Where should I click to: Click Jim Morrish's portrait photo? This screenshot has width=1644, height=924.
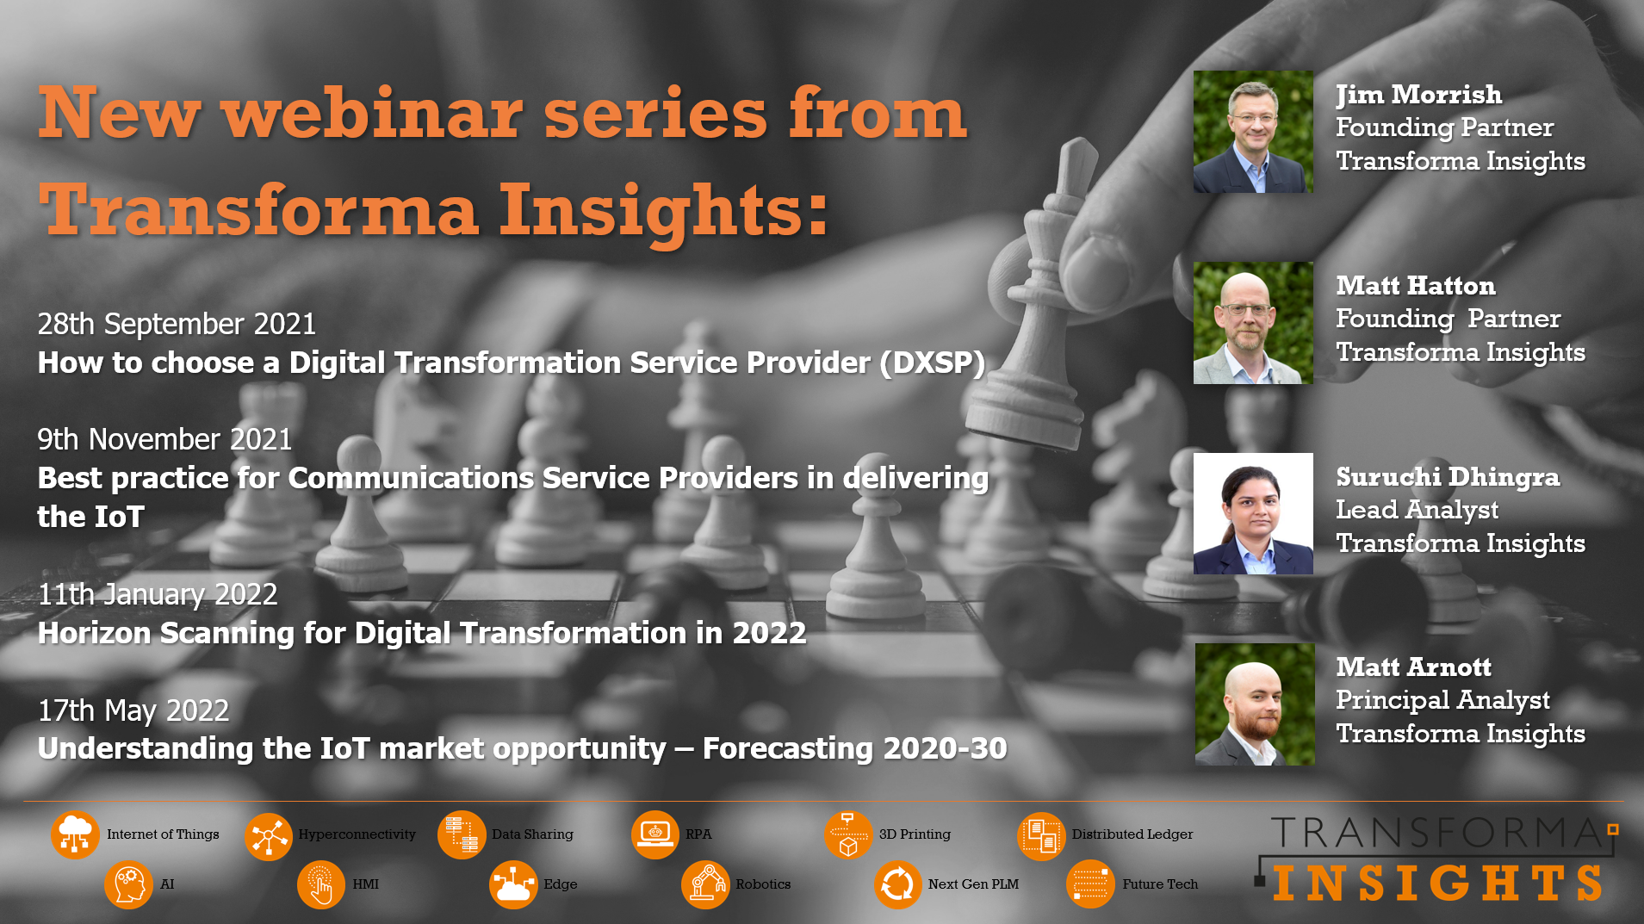(1253, 132)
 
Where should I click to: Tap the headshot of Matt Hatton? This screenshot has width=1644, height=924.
(1253, 323)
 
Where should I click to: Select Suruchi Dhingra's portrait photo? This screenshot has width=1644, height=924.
(1253, 514)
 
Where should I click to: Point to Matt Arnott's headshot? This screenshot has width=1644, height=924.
(1254, 704)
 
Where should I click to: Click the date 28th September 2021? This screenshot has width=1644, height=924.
(177, 325)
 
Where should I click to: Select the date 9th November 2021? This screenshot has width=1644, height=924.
(164, 440)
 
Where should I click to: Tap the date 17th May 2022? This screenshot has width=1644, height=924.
(133, 711)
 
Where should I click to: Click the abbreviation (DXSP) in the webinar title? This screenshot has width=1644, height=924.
(932, 363)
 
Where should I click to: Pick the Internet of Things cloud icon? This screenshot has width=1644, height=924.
(75, 834)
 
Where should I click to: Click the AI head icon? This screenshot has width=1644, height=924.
(128, 884)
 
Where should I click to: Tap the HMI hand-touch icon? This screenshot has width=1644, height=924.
(320, 884)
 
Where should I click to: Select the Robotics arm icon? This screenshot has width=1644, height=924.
(705, 884)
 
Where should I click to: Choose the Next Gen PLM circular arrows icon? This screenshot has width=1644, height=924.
(897, 884)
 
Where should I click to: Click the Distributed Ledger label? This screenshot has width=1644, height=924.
(1132, 834)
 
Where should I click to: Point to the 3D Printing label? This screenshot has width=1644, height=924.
(915, 834)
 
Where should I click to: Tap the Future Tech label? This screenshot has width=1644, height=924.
(1159, 884)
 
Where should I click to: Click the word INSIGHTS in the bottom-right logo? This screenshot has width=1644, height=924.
(1436, 884)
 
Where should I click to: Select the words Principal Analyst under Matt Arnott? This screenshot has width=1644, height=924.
(1442, 700)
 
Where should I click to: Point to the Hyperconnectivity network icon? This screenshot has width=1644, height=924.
(268, 835)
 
